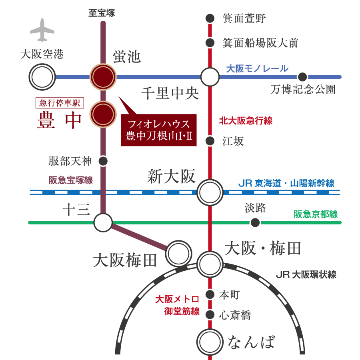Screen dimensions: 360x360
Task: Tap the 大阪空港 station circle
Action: (42, 77)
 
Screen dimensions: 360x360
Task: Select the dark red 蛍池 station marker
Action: (103, 77)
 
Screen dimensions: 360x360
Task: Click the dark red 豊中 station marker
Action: (103, 114)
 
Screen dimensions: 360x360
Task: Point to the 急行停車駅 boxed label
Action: (60, 103)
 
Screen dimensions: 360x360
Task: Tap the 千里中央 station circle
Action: (210, 77)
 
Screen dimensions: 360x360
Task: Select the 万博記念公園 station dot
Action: (302, 77)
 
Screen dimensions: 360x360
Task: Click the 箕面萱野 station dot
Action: (210, 18)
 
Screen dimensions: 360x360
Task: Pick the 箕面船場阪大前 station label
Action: (260, 43)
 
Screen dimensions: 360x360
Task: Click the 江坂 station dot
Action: (210, 141)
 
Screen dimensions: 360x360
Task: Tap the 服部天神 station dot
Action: (103, 161)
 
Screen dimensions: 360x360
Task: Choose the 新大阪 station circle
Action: (210, 192)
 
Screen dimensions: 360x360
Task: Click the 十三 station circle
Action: (103, 222)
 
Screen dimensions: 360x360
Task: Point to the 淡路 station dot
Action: (255, 222)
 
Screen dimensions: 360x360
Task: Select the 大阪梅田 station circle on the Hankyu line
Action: (178, 253)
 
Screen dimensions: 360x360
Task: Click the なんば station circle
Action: (210, 342)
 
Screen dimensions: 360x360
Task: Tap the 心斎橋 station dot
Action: (210, 315)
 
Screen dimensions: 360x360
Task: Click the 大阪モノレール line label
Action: (257, 68)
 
